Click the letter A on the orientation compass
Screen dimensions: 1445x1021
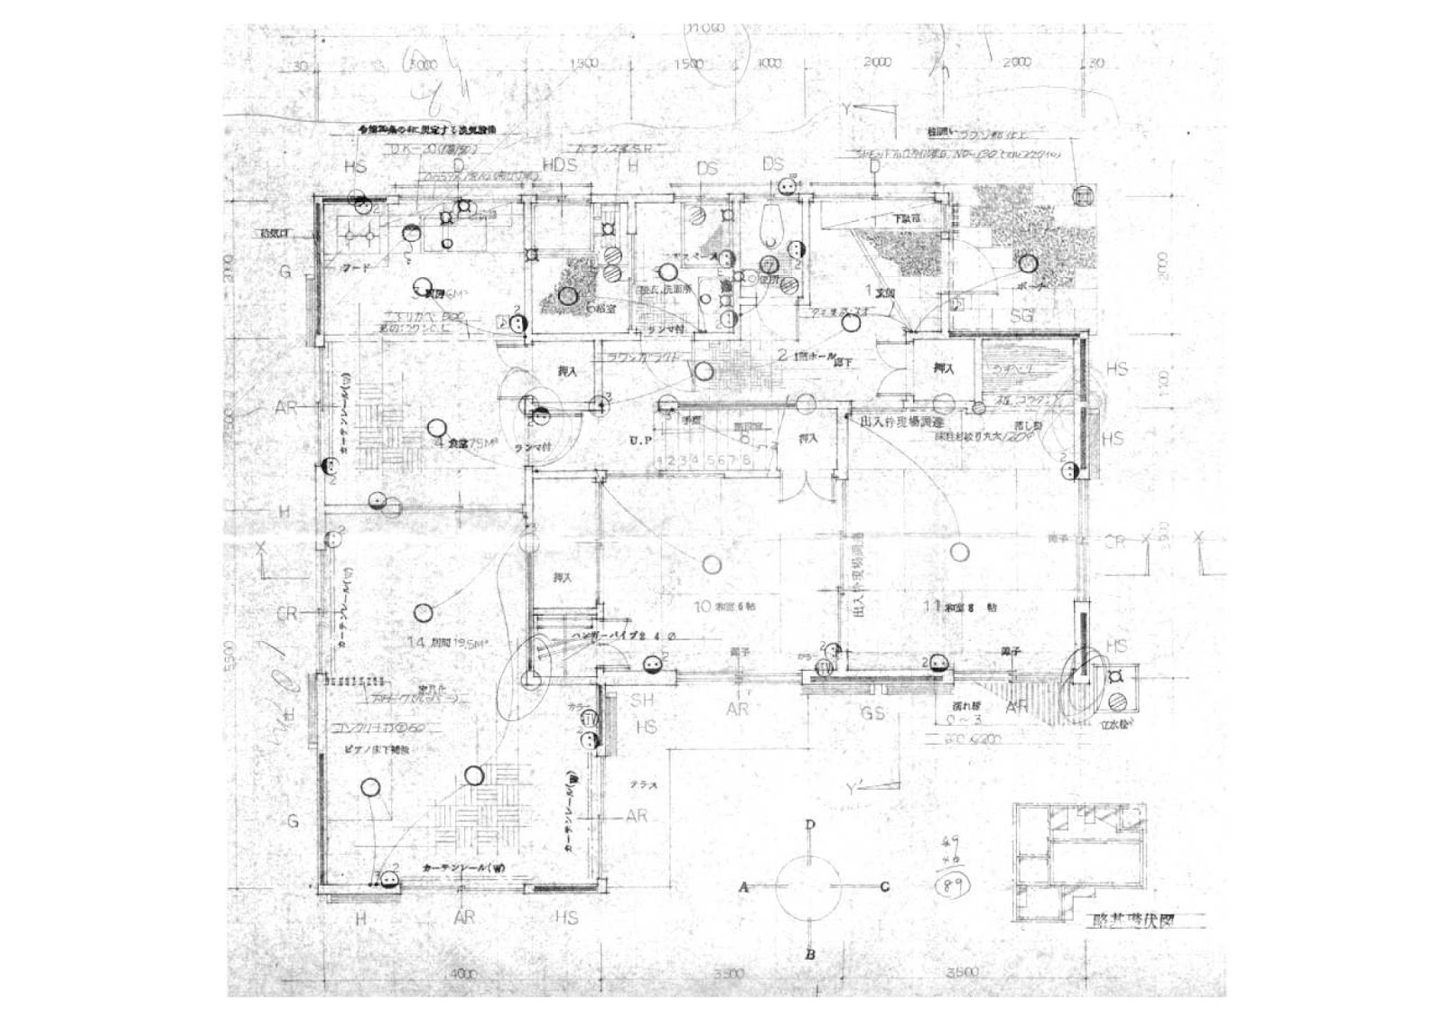[745, 887]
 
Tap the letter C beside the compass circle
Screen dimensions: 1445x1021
[884, 887]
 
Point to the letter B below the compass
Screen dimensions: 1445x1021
[811, 954]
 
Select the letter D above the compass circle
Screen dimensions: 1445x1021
[811, 824]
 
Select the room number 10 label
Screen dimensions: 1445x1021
[702, 607]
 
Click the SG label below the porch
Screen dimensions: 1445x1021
[1021, 316]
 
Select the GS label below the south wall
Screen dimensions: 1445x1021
[872, 714]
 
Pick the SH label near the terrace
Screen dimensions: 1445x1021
[642, 701]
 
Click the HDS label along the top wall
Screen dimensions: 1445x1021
[560, 166]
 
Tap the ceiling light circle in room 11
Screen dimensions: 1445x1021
[957, 551]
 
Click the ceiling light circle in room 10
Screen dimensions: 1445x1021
[712, 566]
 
